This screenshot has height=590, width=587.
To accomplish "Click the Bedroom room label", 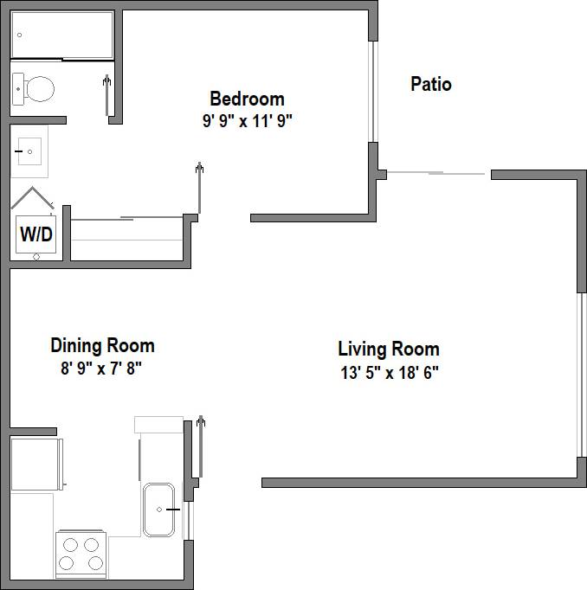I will (x=247, y=99).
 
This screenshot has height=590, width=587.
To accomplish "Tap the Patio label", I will (x=430, y=84).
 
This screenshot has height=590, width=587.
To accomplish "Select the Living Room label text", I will (x=388, y=350).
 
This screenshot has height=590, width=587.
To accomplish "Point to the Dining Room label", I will (x=102, y=346).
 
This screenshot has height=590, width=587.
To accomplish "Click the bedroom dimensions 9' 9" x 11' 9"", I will (x=247, y=121).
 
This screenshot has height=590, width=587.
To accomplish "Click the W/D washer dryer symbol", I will (x=35, y=234).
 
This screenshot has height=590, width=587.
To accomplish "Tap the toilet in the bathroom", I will (x=34, y=87).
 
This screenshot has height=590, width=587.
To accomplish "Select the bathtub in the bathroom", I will (x=62, y=35).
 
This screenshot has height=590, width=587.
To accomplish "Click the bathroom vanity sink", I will (x=29, y=152).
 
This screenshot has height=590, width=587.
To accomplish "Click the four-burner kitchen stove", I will (x=81, y=555).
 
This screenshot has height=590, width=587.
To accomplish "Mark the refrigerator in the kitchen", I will (x=35, y=463).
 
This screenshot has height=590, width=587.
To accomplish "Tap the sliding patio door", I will (x=437, y=174).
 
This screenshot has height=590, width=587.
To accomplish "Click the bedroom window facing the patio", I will (x=374, y=91).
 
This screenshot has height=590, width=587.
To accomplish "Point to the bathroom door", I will (x=107, y=95).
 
